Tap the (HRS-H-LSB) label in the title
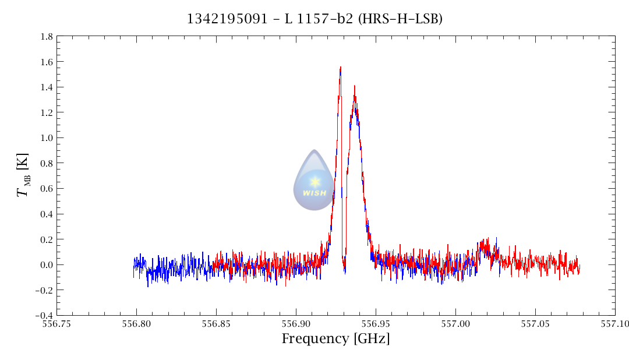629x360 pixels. click(400, 19)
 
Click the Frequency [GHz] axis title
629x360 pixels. click(335, 339)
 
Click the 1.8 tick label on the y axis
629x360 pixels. click(47, 37)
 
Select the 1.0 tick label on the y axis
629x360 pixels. click(47, 138)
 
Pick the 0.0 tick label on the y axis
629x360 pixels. click(47, 265)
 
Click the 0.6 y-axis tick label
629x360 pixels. click(47, 189)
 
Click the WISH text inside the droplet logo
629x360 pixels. click(314, 193)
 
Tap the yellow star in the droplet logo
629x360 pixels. click(315, 182)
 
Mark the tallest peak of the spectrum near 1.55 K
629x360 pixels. click(340, 68)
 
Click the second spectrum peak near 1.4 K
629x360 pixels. click(354, 86)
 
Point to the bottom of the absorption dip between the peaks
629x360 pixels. click(345, 271)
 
